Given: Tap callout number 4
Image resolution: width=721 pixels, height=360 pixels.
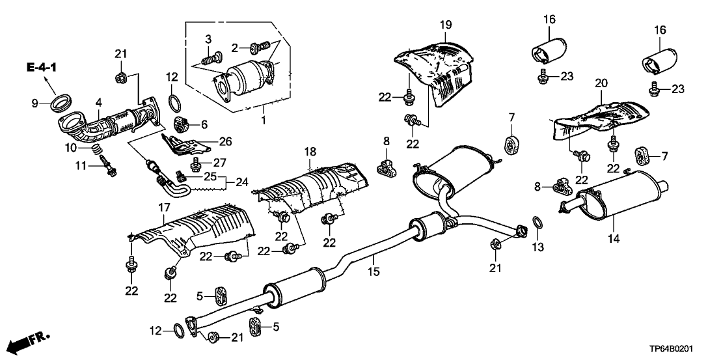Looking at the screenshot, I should click(x=98, y=102).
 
